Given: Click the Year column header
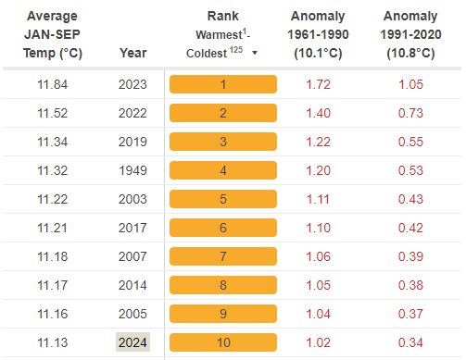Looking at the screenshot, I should tap(133, 53).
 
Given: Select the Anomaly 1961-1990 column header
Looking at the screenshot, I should tap(319, 34).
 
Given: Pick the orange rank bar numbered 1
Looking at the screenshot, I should tap(222, 85).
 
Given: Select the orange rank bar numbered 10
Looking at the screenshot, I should tap(222, 341).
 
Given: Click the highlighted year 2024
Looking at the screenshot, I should tap(132, 341).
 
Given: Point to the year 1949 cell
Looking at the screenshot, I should tap(132, 170).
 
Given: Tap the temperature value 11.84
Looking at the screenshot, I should tap(52, 85).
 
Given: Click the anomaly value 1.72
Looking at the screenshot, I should tap(319, 85).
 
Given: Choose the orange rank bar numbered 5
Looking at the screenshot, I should tap(222, 199).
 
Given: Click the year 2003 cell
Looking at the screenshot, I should tap(132, 199).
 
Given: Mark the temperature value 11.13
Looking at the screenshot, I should tap(52, 341).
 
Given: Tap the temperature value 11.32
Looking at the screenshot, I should tap(52, 170).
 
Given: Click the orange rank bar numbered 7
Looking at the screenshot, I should tap(222, 256).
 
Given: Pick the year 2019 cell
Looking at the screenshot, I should tap(132, 142).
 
